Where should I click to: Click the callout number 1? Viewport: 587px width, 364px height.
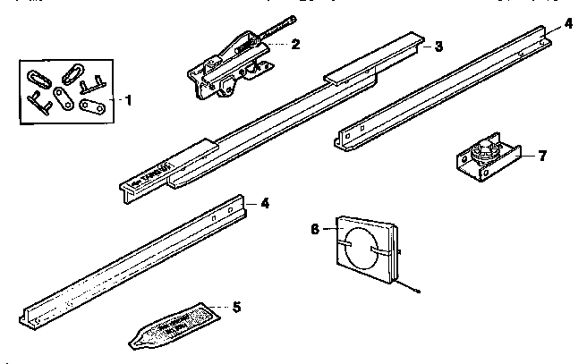point(127,100)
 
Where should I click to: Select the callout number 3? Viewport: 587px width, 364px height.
point(438,46)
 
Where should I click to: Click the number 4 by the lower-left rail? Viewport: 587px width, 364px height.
point(265,203)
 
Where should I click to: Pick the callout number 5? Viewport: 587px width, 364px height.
point(236,307)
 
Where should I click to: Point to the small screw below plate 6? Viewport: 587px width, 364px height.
point(418,289)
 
